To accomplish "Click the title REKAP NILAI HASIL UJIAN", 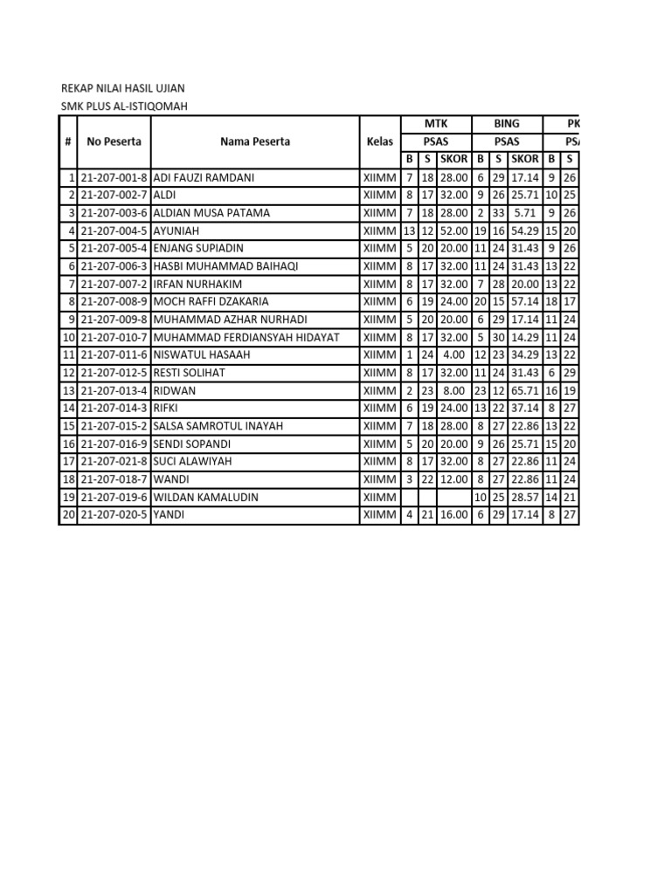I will coord(121,89).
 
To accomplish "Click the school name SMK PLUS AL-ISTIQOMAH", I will coord(123,107).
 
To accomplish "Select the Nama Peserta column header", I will coord(255,141).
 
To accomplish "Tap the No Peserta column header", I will coord(114,141).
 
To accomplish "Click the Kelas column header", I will coord(379,141).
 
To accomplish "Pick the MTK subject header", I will coord(435,124).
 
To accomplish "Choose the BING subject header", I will coord(507,124).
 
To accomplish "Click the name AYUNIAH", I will coord(176,230).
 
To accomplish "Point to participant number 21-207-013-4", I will coord(114,390).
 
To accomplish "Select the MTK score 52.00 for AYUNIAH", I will coord(453,230).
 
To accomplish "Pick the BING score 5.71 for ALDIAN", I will coord(526,213).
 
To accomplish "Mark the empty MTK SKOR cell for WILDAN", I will coord(453,497).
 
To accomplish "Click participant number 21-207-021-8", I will coord(114,461).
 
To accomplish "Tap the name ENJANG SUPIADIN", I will coord(198,248).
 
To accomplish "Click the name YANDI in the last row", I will coord(169,515).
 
